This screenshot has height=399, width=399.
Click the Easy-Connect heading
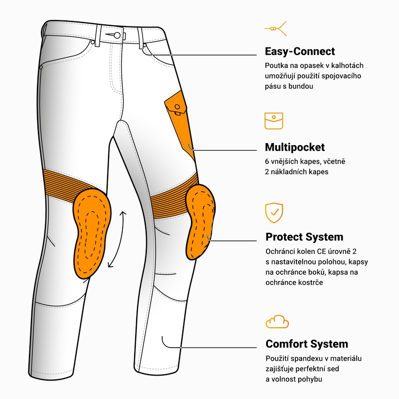coord(300,51)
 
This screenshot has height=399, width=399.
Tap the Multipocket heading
coord(295,147)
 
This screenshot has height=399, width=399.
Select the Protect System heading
coord(304,237)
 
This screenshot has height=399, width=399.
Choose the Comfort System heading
coord(307,344)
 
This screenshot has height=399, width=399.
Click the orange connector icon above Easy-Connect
coord(276,28)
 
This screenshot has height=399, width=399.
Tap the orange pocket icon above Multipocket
coord(274,121)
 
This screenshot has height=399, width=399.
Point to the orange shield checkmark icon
coord(274,213)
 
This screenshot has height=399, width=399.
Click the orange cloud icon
coord(277,322)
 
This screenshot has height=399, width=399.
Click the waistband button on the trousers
coord(117,35)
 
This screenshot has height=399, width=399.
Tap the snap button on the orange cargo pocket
coord(178,107)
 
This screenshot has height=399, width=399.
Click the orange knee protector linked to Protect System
coord(201,222)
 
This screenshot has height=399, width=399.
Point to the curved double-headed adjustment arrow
coord(119,239)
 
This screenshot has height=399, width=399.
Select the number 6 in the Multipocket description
coord(267,161)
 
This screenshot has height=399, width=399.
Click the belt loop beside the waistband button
coord(98,36)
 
